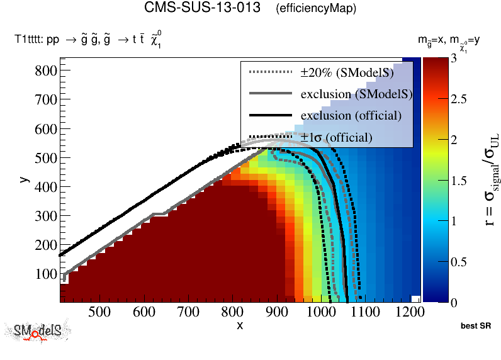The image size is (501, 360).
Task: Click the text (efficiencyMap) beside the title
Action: (x=316, y=9)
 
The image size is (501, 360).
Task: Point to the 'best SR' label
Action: (x=476, y=326)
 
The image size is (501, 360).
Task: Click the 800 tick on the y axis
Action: (x=45, y=71)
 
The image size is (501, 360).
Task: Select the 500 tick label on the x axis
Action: (x=99, y=312)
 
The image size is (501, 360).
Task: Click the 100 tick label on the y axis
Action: (x=45, y=274)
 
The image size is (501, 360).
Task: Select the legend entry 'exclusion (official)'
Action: (x=351, y=116)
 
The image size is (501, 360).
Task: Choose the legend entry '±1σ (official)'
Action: (x=335, y=137)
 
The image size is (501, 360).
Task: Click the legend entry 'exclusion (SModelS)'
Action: (x=356, y=94)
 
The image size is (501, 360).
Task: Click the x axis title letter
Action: (x=240, y=325)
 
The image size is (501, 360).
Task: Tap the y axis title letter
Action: (x=23, y=179)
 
